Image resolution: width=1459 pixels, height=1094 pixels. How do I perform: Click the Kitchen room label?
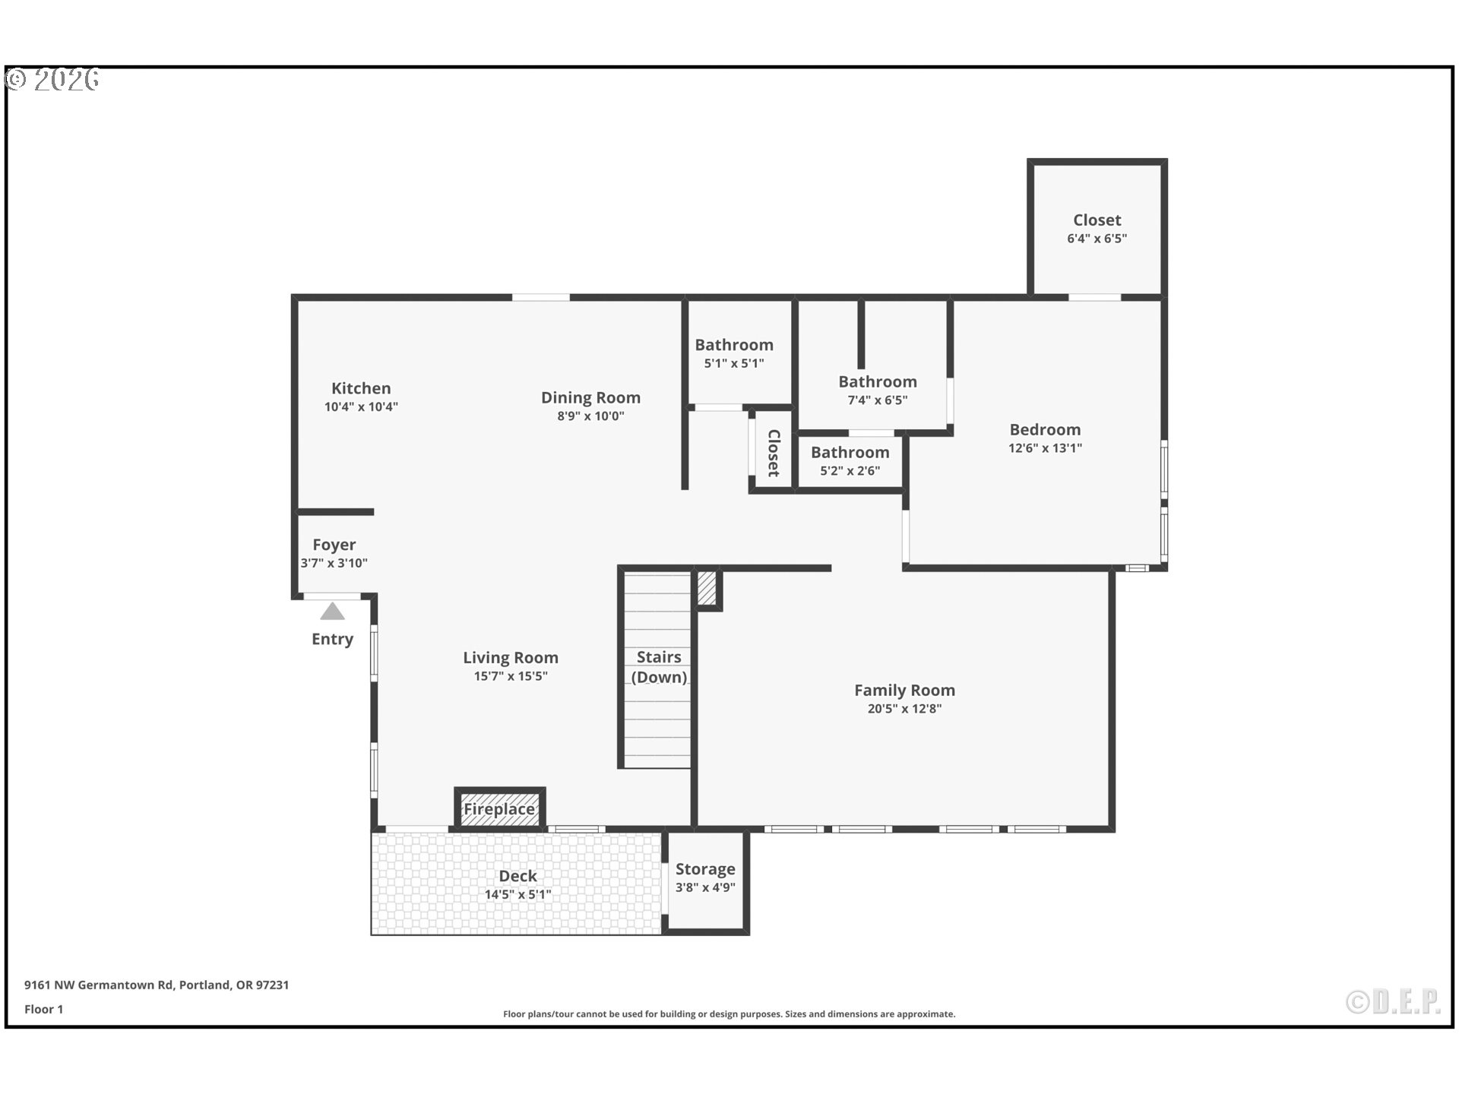(361, 388)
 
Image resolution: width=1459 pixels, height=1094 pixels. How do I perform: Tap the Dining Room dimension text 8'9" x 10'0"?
(590, 416)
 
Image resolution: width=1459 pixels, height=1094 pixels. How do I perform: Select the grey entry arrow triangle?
(332, 612)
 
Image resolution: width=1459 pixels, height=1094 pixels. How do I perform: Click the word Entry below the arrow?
(332, 639)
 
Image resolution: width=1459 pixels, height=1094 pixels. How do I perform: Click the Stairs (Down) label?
(658, 666)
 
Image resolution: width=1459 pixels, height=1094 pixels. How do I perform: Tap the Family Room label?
(904, 690)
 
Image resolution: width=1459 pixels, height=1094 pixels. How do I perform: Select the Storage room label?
(705, 869)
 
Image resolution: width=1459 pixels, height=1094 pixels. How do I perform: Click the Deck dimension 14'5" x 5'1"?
(517, 895)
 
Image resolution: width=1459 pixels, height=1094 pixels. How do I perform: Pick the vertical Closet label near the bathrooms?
(774, 454)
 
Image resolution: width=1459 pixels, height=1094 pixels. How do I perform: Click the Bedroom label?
(1045, 430)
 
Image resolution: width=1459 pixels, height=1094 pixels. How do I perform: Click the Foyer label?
(334, 545)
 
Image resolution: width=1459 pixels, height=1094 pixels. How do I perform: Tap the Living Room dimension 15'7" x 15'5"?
(511, 676)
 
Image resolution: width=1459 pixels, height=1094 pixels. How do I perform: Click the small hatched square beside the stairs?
(707, 588)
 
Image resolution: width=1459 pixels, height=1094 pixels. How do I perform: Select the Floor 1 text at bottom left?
(43, 1009)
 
